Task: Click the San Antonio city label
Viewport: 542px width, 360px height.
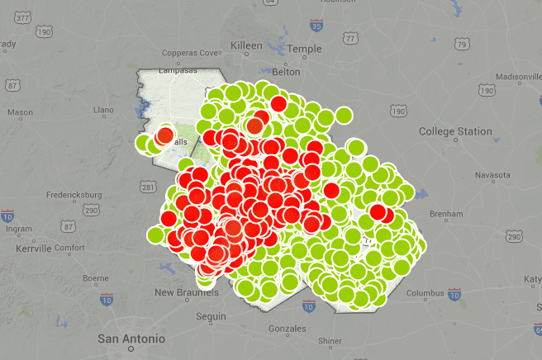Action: pyautogui.click(x=131, y=339)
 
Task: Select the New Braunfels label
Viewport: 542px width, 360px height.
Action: pyautogui.click(x=188, y=292)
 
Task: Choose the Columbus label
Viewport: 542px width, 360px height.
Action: pyautogui.click(x=426, y=292)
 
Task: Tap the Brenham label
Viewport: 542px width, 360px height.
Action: pyautogui.click(x=446, y=214)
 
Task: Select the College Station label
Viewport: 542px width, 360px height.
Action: pyautogui.click(x=454, y=131)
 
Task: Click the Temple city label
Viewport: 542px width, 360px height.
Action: pyautogui.click(x=305, y=49)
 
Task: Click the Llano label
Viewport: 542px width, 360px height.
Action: pyautogui.click(x=103, y=109)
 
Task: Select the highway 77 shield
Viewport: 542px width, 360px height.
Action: pyautogui.click(x=351, y=38)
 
